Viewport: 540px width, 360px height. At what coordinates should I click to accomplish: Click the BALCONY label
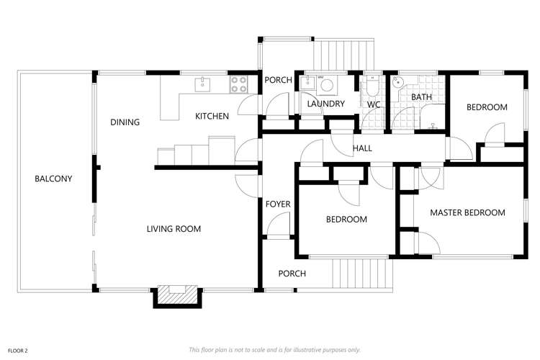(x=53, y=179)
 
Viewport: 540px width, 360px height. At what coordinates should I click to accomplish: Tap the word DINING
(x=125, y=122)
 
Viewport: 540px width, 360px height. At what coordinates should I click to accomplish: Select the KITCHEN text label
(x=212, y=116)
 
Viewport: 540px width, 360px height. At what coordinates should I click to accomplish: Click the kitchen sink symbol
(x=202, y=84)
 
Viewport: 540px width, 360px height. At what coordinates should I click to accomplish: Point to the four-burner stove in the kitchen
(x=238, y=84)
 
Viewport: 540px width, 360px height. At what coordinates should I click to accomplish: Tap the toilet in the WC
(x=372, y=88)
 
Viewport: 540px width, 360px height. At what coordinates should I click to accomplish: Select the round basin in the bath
(x=398, y=82)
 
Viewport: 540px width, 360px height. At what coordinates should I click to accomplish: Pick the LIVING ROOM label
(x=174, y=229)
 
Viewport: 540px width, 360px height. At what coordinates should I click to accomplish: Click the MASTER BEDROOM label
(x=467, y=212)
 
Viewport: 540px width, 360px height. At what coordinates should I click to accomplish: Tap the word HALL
(x=362, y=148)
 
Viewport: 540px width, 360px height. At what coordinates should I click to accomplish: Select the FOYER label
(x=278, y=204)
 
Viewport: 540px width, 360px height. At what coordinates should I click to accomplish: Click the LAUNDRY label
(x=325, y=104)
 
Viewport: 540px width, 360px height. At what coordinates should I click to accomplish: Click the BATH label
(x=420, y=96)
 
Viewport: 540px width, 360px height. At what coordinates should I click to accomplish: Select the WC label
(x=374, y=104)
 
